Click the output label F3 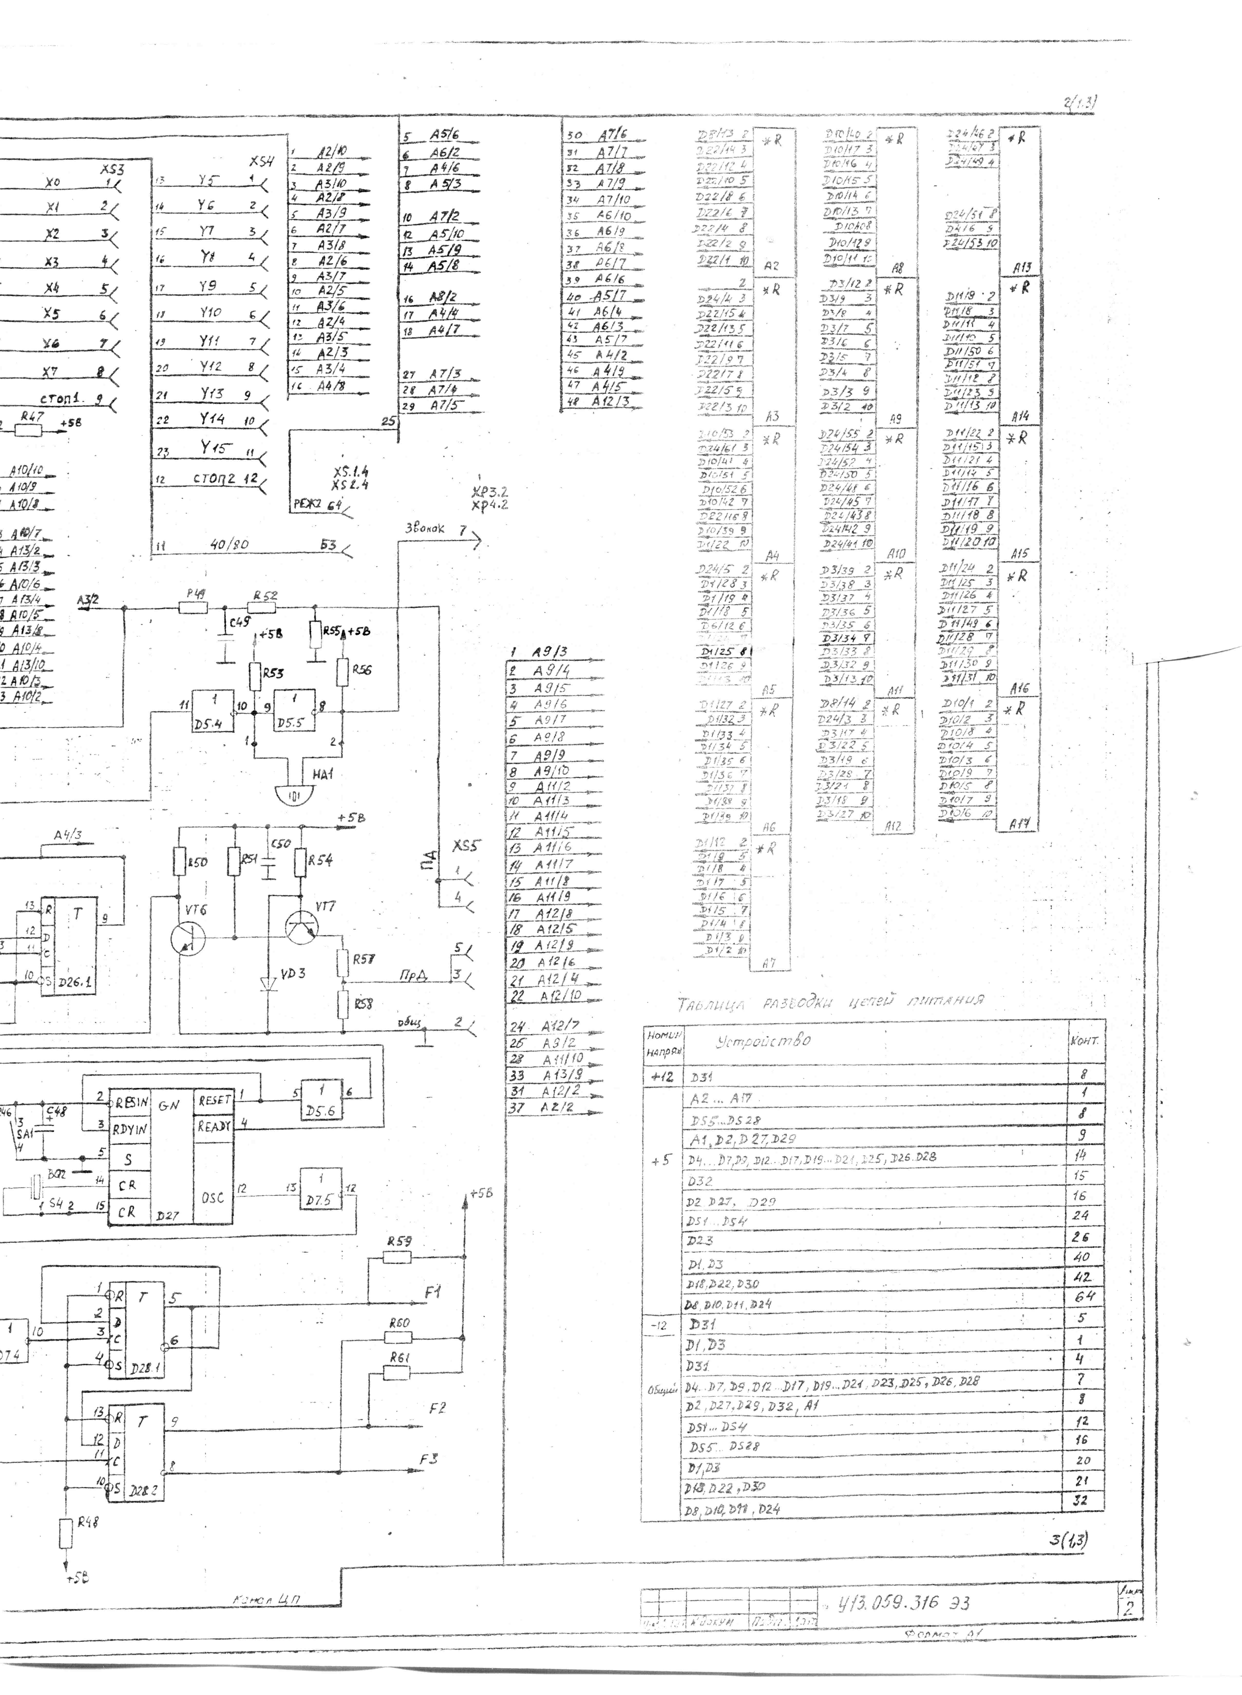(x=429, y=1459)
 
